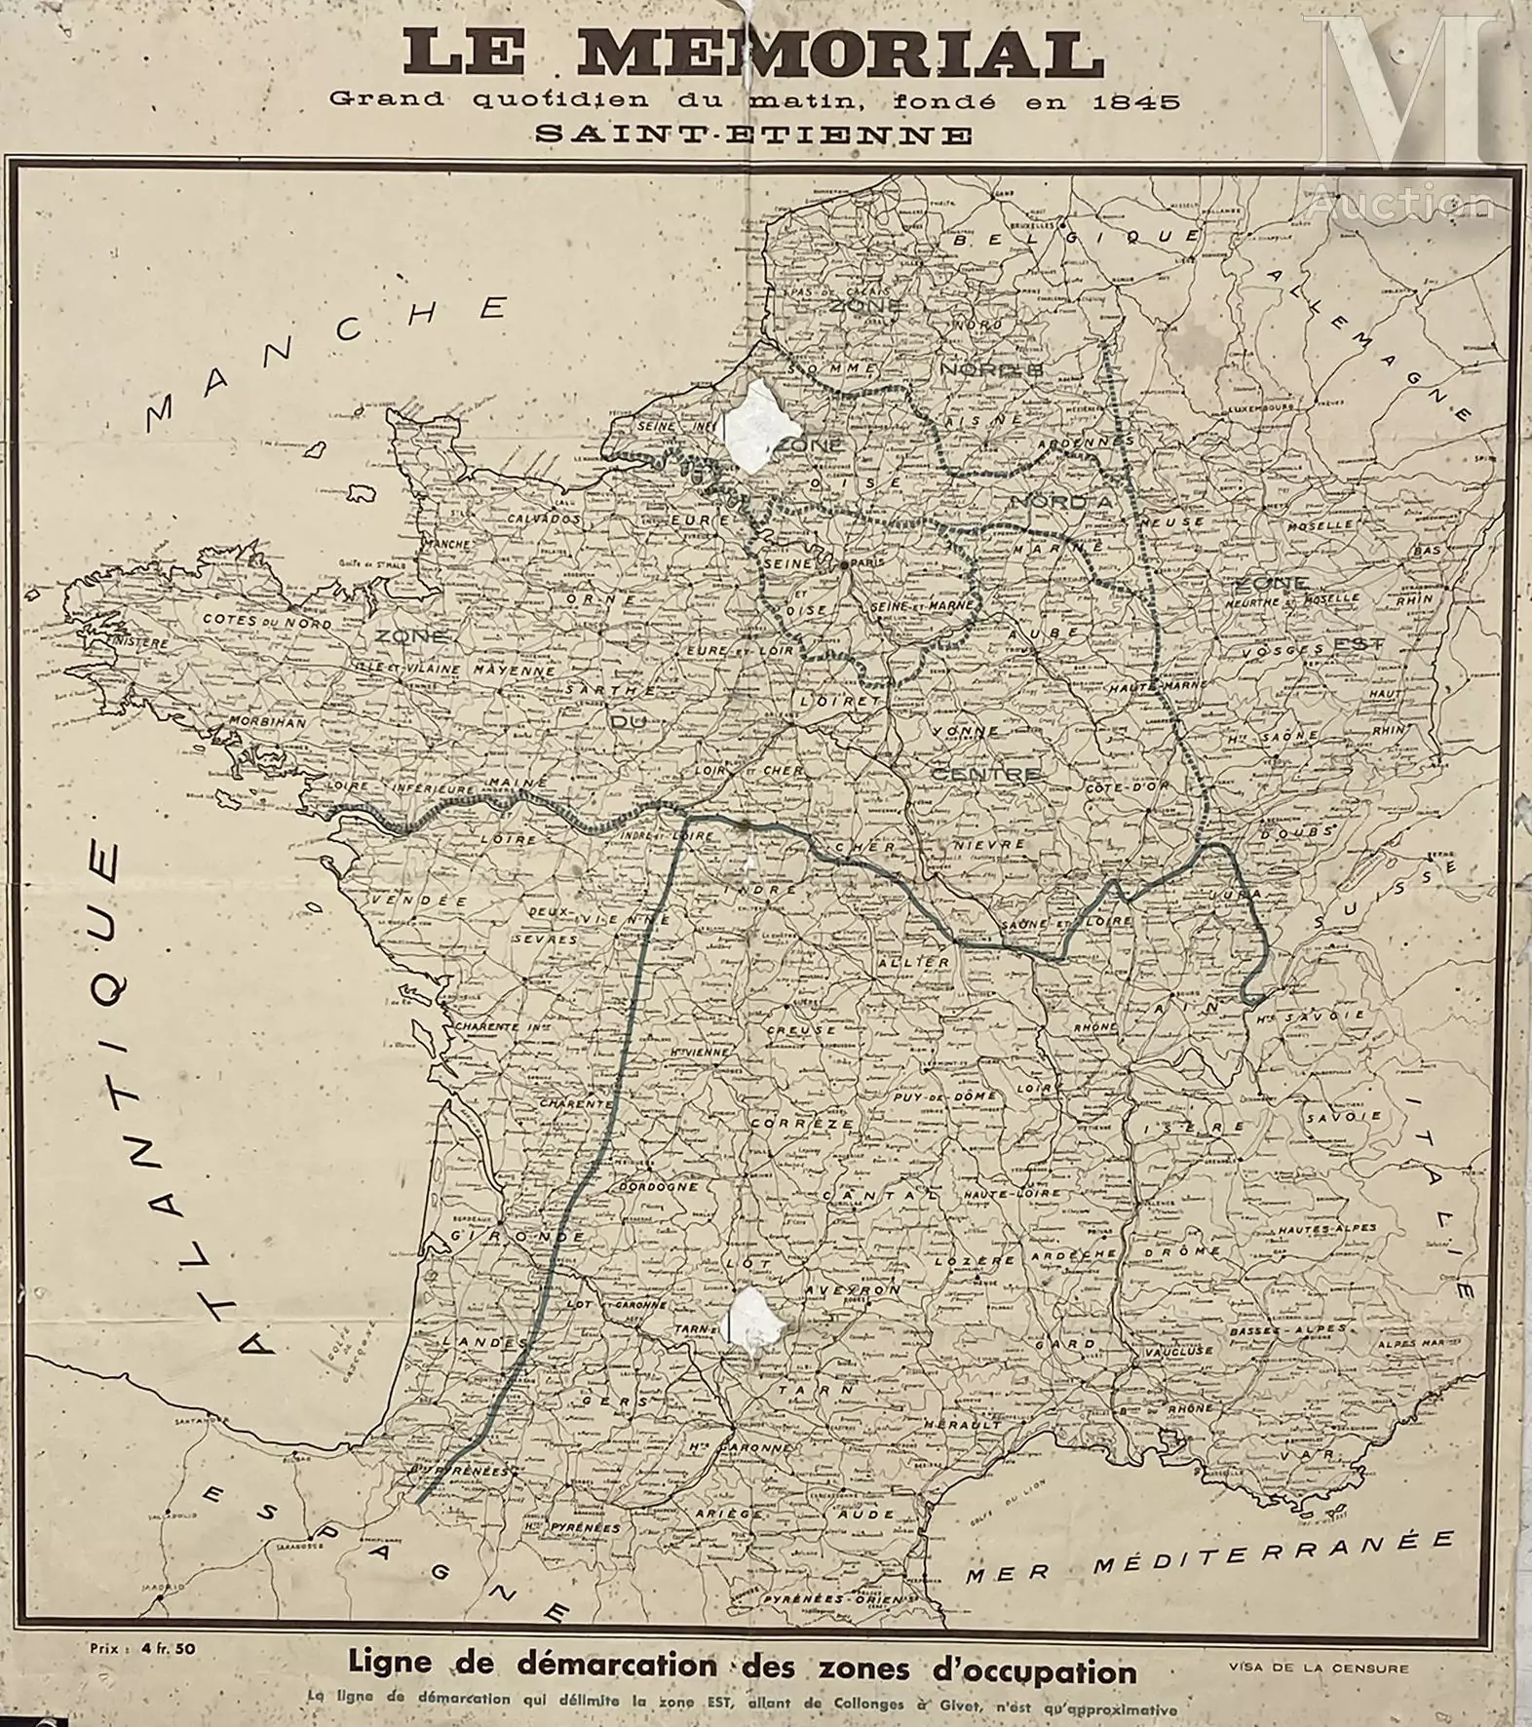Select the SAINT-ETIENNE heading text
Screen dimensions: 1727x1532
click(753, 134)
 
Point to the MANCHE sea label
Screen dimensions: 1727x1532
click(327, 362)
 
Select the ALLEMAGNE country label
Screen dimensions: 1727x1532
click(1369, 341)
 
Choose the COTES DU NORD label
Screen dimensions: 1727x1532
click(267, 621)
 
